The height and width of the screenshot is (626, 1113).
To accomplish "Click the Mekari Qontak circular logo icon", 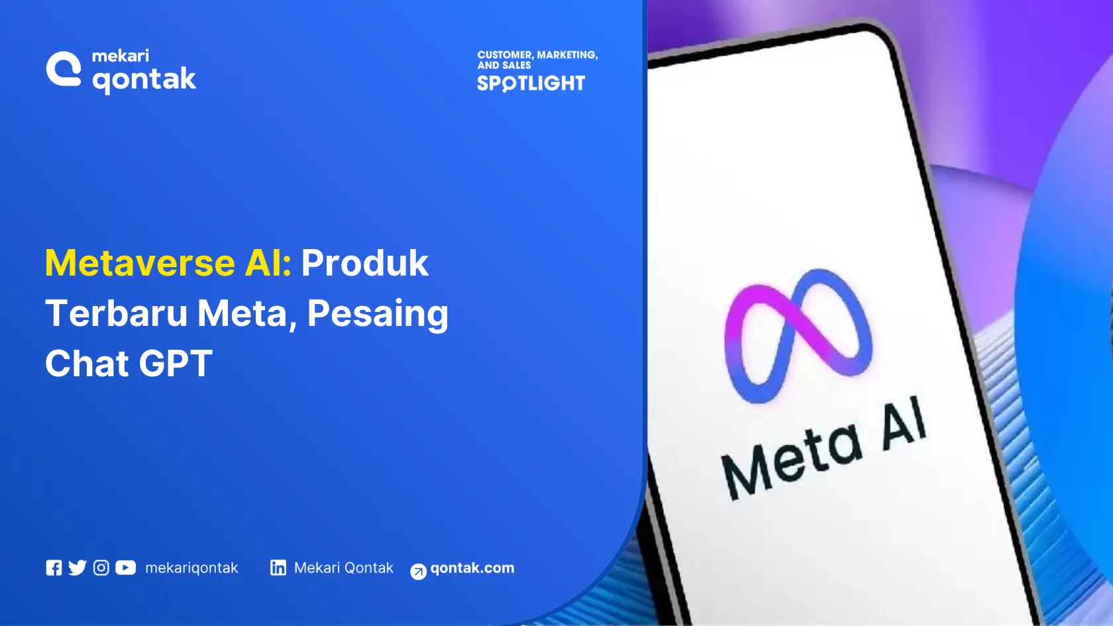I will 64,69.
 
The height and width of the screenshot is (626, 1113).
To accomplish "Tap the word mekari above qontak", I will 120,56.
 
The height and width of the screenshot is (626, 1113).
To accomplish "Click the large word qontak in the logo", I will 144,80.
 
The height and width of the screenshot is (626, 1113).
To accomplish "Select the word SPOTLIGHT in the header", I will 531,83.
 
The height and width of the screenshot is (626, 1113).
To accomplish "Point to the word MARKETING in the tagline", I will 566,55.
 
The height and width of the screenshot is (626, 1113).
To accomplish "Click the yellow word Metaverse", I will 140,263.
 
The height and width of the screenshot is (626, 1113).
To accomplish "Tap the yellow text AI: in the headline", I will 268,263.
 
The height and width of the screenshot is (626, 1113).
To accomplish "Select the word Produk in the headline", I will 365,263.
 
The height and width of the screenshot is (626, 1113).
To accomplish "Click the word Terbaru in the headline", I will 116,313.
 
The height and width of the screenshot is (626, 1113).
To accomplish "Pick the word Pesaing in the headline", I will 378,313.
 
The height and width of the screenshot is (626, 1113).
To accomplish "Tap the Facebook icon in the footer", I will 54,568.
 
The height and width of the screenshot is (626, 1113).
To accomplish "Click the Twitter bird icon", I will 78,568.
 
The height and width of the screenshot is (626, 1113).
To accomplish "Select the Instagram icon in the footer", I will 101,568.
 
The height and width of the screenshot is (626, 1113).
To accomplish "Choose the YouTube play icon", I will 125,568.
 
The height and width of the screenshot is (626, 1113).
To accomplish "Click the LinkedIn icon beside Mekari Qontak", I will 278,568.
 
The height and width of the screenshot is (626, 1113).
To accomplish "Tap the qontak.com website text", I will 472,568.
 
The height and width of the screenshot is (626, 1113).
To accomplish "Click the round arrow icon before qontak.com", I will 418,571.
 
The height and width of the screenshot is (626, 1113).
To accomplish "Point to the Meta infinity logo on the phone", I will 798,335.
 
